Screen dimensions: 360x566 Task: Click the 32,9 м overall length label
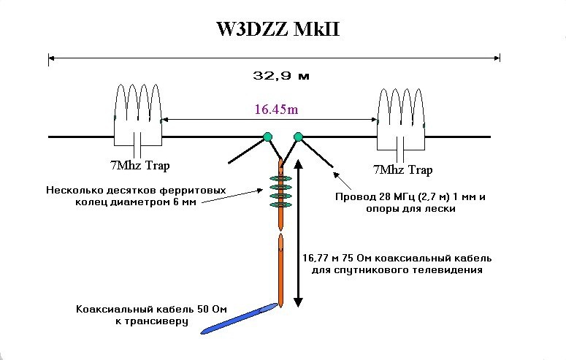277,74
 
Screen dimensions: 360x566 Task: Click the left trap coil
138,107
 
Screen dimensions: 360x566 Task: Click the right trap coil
401,110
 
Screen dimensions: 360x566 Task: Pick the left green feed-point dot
267,137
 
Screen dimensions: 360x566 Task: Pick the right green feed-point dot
298,137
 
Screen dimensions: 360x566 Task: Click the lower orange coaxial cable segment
281,270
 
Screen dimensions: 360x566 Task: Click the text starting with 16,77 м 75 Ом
397,258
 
